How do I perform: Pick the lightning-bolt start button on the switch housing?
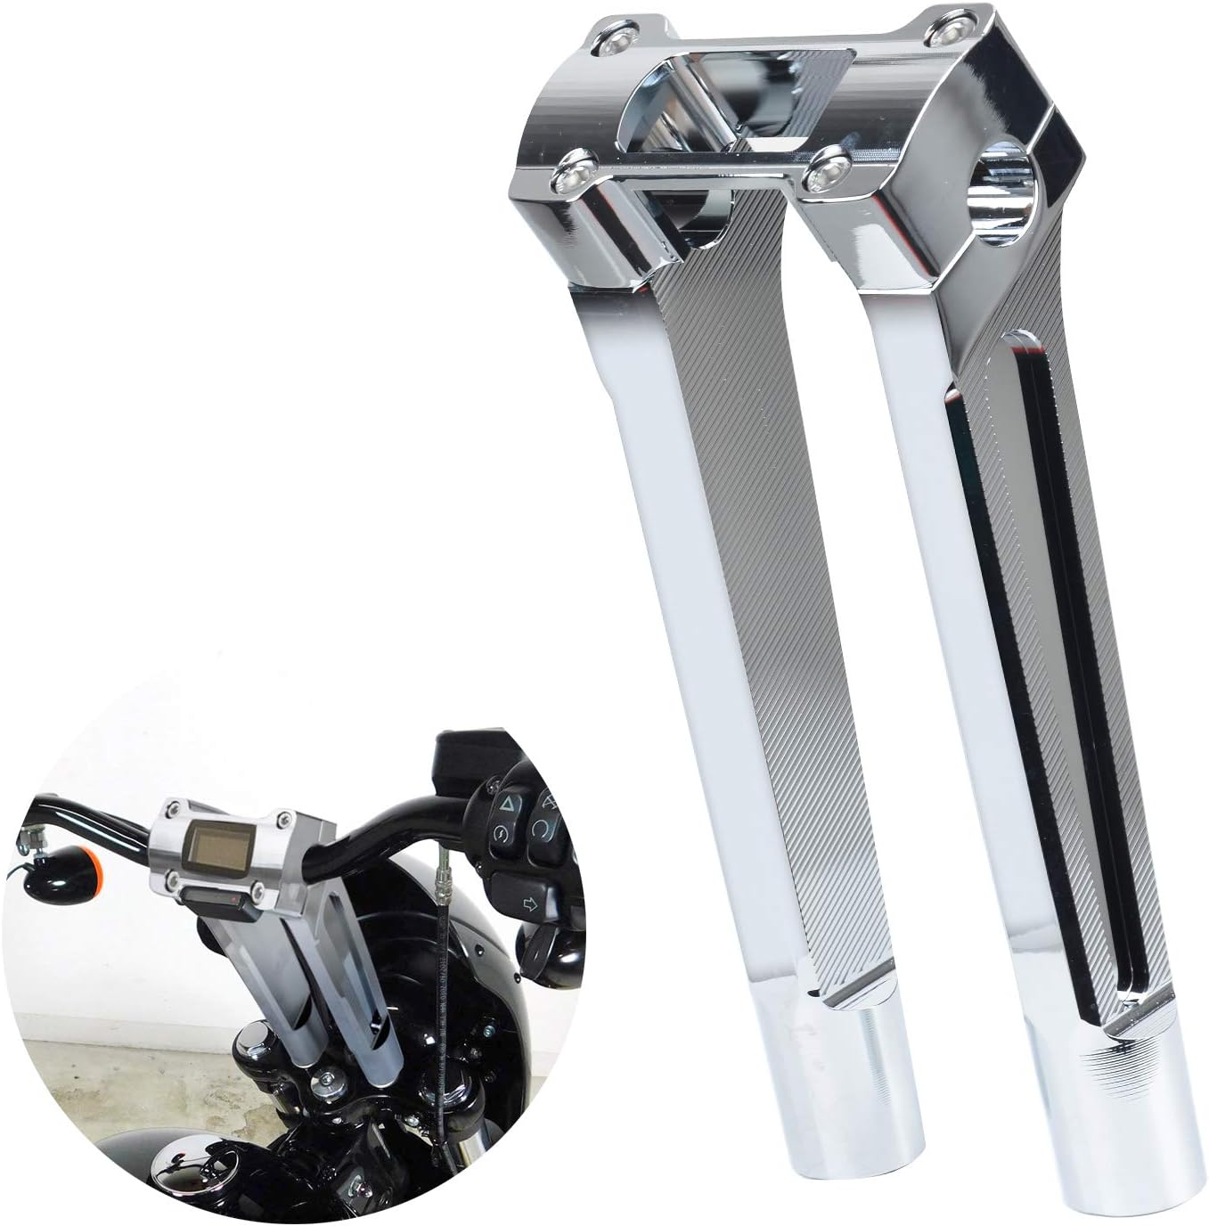(x=499, y=835)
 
